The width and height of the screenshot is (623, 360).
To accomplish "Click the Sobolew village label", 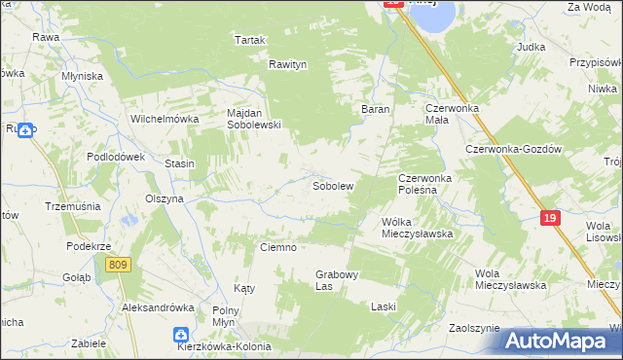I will tap(332, 184).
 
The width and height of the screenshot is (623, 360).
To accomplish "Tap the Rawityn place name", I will tap(288, 64).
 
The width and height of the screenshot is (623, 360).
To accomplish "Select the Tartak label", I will tap(250, 40).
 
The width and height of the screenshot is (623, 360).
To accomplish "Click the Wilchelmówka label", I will tap(165, 119).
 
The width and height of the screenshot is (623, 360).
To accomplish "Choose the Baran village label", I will tap(377, 109).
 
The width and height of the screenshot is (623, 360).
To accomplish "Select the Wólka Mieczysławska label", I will tap(418, 228).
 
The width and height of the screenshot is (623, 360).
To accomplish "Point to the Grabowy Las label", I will tap(338, 280).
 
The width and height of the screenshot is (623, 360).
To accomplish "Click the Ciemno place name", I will tap(277, 247).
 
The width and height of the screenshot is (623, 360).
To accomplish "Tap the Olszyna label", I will tap(165, 198).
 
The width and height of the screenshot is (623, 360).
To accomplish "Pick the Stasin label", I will tap(180, 163).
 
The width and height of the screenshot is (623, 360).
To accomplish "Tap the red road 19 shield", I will tap(550, 219).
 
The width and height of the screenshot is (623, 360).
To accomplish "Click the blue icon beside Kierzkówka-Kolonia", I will tap(181, 334).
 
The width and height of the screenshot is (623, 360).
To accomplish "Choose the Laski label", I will tap(384, 306).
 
